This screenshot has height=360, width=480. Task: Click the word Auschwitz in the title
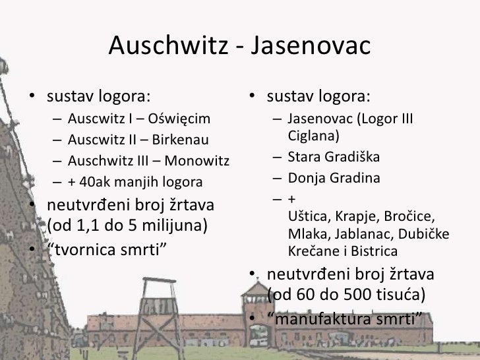pyautogui.click(x=167, y=45)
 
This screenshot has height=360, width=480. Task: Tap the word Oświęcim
pyautogui.click(x=179, y=119)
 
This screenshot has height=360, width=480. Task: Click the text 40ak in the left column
pyautogui.click(x=90, y=181)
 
